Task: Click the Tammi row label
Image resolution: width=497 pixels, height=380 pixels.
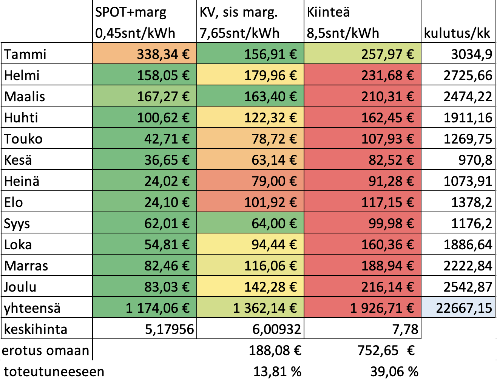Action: click(x=25, y=54)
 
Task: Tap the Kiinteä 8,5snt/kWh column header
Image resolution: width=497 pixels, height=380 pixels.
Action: click(x=343, y=22)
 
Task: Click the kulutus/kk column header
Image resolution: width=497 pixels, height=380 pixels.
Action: click(x=457, y=33)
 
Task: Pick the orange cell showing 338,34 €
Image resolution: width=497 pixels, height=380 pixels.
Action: click(x=163, y=54)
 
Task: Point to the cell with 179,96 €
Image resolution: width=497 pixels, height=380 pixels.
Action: click(x=270, y=75)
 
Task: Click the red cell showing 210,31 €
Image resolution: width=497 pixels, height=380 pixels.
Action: click(x=387, y=96)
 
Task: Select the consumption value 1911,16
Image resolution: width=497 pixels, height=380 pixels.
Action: click(x=468, y=117)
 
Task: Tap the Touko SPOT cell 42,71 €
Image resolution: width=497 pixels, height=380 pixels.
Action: click(x=167, y=139)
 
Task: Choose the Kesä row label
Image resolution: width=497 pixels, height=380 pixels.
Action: click(x=18, y=160)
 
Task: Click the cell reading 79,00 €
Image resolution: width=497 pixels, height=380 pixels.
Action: click(x=274, y=181)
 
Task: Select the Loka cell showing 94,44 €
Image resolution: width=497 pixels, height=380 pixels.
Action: click(x=274, y=244)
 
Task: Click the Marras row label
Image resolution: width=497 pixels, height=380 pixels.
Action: click(x=26, y=266)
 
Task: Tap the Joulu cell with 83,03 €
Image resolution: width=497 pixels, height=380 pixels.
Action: click(x=167, y=287)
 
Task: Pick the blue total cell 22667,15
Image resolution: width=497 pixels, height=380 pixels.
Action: click(x=464, y=308)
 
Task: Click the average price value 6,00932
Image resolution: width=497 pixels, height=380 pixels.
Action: click(x=277, y=329)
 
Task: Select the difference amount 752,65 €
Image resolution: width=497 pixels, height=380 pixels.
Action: click(x=386, y=350)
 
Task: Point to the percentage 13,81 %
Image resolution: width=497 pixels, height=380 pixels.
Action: click(x=277, y=371)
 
